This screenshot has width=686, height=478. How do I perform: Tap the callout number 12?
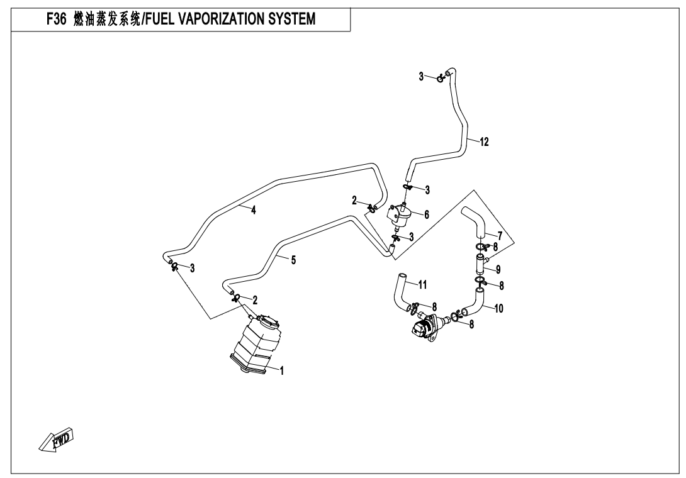click(484, 142)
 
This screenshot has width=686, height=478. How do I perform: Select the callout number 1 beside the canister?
click(282, 371)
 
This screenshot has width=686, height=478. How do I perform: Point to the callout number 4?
click(254, 211)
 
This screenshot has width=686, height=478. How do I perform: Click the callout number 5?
click(293, 260)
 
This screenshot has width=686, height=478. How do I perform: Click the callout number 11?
click(422, 285)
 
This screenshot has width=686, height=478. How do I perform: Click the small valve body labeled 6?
click(402, 215)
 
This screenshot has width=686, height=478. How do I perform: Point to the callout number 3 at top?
click(421, 76)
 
